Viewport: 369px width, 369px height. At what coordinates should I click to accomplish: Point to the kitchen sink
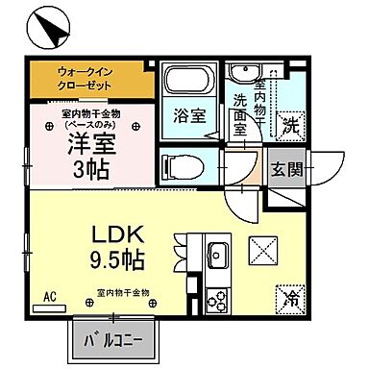215,256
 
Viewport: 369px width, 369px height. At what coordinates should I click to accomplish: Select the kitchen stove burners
215,298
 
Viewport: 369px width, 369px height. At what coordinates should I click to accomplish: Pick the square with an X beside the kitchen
261,253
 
